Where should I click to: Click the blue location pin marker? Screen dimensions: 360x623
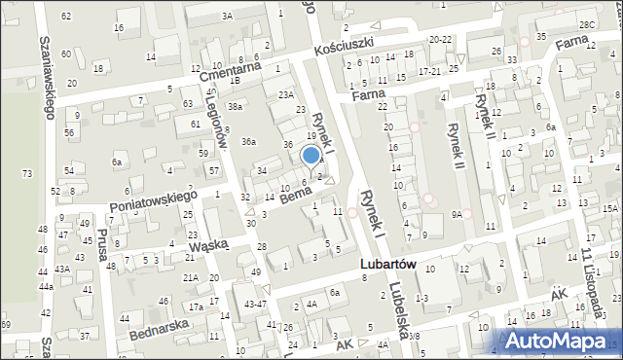click(x=311, y=156)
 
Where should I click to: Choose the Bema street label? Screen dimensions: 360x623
click(x=296, y=195)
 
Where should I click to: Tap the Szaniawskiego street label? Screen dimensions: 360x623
click(x=46, y=78)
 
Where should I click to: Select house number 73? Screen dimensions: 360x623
click(x=26, y=172)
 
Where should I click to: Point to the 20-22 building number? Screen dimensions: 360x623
click(x=440, y=40)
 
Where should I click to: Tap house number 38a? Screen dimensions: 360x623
click(x=235, y=106)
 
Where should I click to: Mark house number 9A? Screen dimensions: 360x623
click(x=457, y=216)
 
